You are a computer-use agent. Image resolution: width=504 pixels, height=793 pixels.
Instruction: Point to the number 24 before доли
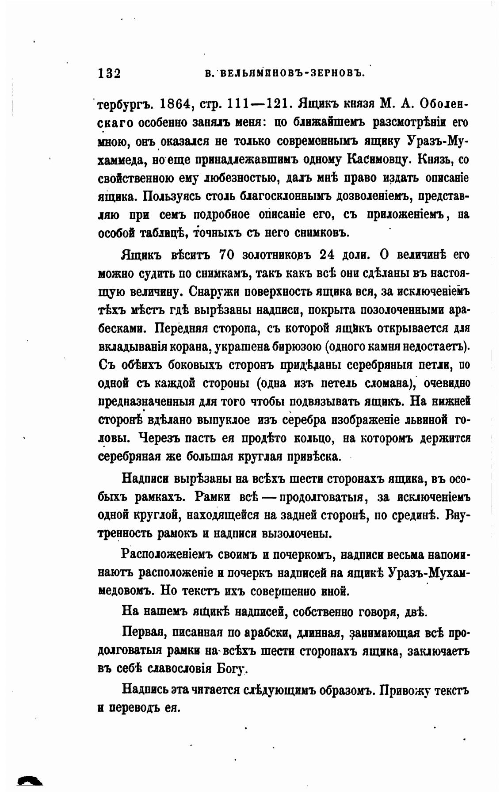(328, 255)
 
